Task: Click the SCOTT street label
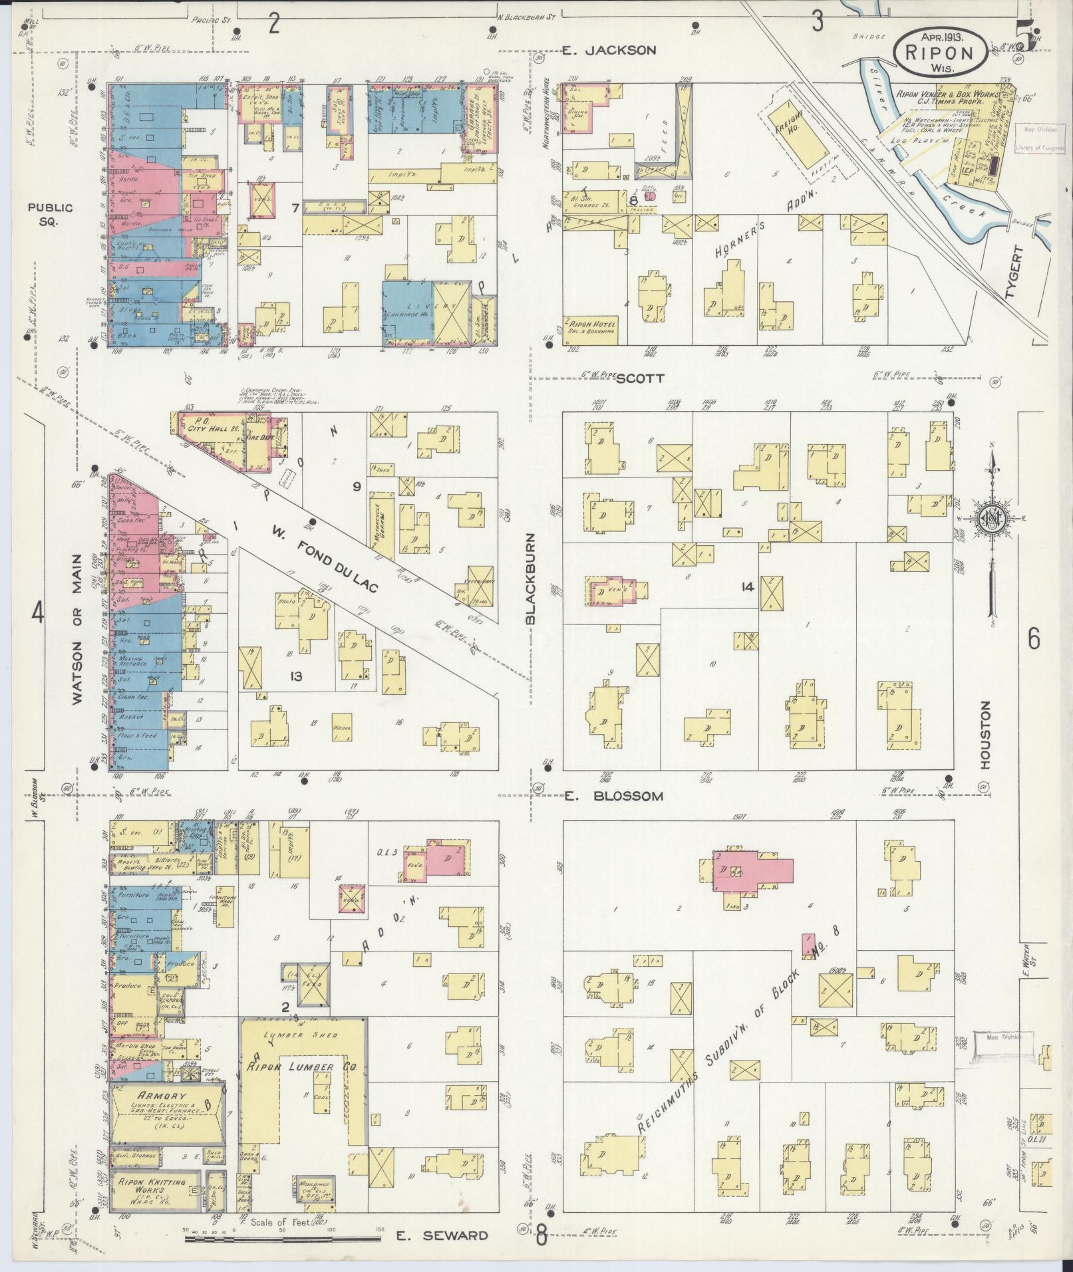pos(640,378)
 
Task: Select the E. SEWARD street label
pos(442,1235)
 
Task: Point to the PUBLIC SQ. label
pos(51,214)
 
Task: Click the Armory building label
pos(157,1098)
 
